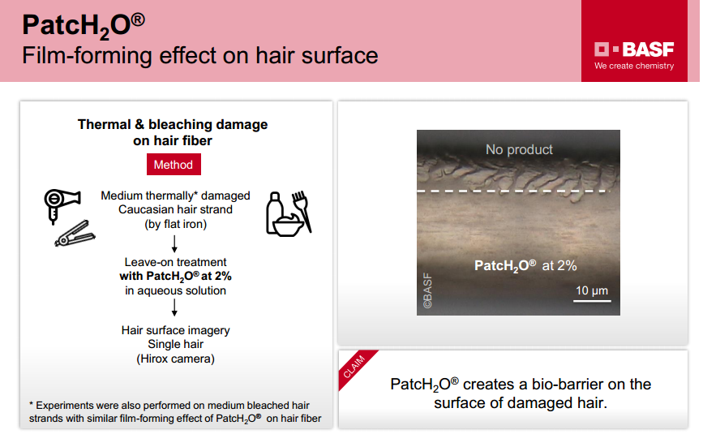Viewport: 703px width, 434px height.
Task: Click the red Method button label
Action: point(174,165)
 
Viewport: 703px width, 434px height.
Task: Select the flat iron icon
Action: point(75,233)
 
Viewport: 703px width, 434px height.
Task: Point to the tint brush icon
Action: point(302,211)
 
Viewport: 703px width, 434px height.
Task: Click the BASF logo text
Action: point(648,49)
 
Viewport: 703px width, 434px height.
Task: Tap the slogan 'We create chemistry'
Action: point(634,66)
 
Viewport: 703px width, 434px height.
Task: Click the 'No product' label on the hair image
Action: point(519,149)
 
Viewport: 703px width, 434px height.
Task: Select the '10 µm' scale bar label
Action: point(592,290)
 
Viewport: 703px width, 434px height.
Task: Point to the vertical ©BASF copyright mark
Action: point(427,290)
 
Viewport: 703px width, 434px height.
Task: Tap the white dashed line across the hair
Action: point(514,191)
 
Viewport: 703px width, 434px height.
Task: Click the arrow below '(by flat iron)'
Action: point(174,243)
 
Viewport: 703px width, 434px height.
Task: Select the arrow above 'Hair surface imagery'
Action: point(174,307)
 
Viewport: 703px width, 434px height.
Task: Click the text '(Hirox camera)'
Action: point(175,359)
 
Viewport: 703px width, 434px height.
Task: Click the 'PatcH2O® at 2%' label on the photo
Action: point(525,266)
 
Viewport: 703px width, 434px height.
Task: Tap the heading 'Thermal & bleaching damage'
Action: point(173,124)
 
